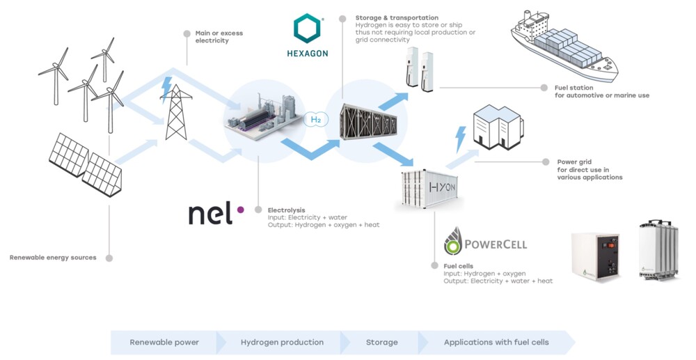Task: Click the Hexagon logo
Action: (307, 36)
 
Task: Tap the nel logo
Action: (216, 214)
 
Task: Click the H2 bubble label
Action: (315, 120)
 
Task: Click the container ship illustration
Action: (564, 47)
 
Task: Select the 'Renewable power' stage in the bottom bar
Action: (164, 342)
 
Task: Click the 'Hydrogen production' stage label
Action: (282, 342)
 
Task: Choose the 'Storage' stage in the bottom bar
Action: (381, 342)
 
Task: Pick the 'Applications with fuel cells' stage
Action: (496, 342)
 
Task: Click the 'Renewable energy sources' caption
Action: (53, 258)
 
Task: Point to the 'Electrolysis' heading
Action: (286, 210)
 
